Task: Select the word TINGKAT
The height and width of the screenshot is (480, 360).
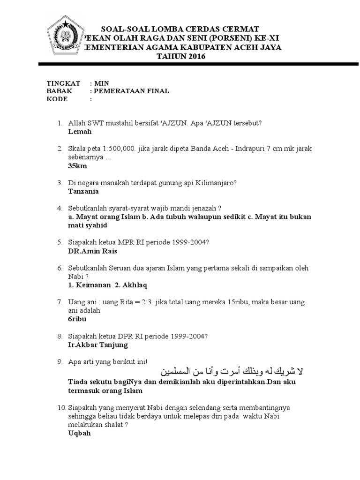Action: click(63, 82)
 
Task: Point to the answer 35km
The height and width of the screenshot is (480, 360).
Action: click(77, 166)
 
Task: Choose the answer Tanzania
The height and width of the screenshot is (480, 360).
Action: click(84, 191)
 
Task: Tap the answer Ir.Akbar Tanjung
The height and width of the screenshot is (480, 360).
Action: click(98, 345)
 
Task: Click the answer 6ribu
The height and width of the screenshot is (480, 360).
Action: click(77, 319)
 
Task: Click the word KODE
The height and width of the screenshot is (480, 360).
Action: click(57, 99)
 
